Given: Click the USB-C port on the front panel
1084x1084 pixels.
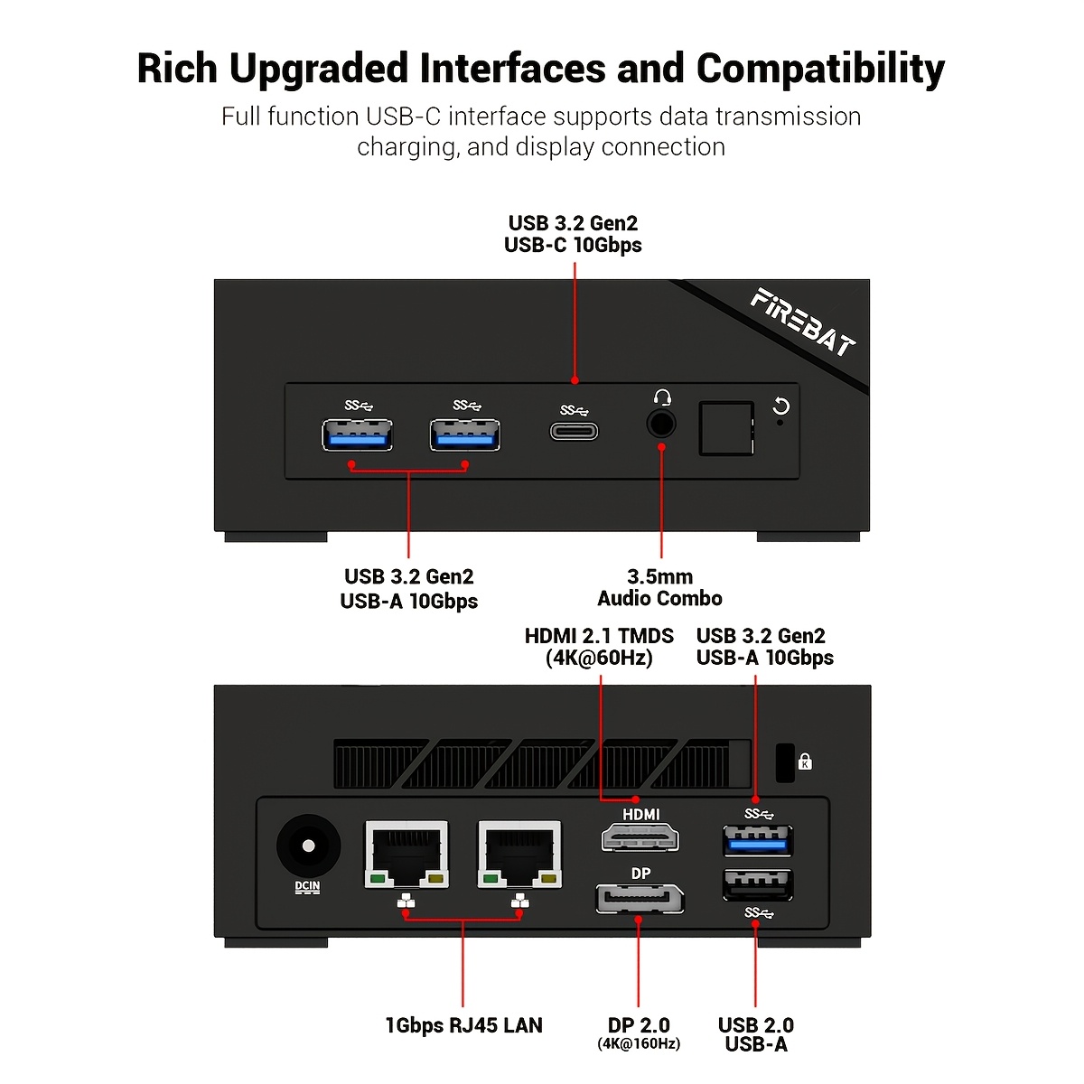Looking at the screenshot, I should [574, 431].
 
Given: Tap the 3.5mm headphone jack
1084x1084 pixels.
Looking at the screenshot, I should [661, 423].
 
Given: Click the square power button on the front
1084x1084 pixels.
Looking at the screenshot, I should [726, 428].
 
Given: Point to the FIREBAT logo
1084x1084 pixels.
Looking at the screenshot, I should [802, 322].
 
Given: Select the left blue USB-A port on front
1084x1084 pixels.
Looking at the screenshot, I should [357, 435].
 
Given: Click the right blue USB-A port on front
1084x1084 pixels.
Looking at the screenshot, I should [465, 435].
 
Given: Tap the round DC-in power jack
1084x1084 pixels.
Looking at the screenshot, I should [308, 846].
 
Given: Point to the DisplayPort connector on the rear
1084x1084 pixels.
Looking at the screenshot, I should [640, 899].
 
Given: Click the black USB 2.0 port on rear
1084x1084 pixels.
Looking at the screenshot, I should [758, 884].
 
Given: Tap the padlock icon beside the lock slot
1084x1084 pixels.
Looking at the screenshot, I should [805, 762].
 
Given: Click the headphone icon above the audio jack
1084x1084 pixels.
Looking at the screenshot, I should [662, 397].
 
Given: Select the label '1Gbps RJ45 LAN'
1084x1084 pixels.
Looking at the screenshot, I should [463, 1025].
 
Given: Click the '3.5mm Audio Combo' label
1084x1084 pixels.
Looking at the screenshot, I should [660, 587].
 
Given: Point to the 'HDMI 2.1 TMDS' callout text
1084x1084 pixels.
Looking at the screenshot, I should [599, 636].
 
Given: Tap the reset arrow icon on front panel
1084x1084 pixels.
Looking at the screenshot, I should [781, 406].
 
